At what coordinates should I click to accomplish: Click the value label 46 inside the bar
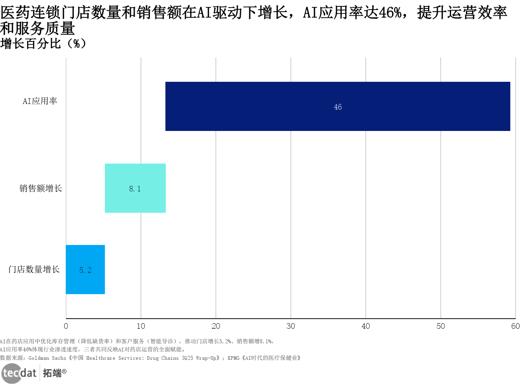coord(338,107)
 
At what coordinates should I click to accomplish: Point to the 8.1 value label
coord(135,189)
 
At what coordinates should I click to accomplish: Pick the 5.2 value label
coord(85,270)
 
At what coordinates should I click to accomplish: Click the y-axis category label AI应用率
coord(40,101)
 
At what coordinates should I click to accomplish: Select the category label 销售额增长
coord(40,188)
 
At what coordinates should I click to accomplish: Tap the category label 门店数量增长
coord(34,269)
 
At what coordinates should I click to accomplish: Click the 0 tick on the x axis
coord(66,326)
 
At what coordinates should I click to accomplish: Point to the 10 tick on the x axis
coord(141,326)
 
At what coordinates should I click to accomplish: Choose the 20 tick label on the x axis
coord(216,326)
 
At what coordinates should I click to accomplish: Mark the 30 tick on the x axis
coord(290,326)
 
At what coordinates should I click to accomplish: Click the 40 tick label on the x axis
coord(365,326)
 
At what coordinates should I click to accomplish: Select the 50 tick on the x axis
coord(441,326)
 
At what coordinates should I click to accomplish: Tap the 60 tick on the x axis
coord(515,326)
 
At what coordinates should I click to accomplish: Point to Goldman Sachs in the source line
coord(47,358)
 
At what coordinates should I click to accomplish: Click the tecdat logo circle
coord(11,373)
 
